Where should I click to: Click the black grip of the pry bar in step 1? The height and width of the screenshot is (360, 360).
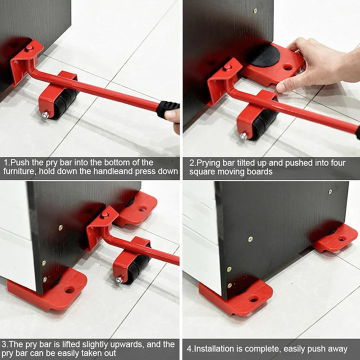tap(168, 107)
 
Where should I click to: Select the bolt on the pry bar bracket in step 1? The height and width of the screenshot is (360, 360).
tap(29, 48)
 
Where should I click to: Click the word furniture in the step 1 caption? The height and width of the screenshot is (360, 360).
tap(18, 171)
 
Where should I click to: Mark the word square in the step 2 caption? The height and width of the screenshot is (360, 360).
tap(203, 171)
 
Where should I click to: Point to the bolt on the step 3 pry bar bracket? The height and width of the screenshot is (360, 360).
tap(104, 215)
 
